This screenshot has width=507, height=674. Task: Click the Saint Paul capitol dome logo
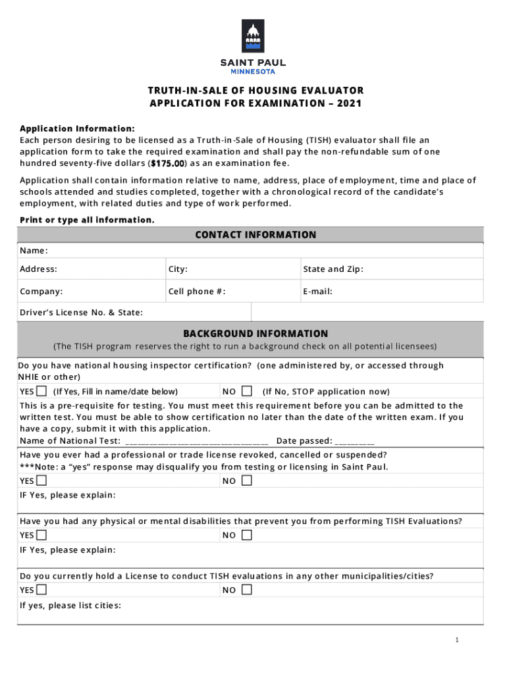pyautogui.click(x=253, y=36)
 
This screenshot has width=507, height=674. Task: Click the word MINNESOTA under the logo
pyautogui.click(x=253, y=72)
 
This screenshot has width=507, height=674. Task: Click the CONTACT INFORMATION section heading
pyautogui.click(x=255, y=235)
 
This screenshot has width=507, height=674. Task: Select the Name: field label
pyautogui.click(x=34, y=251)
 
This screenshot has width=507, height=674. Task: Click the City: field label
pyautogui.click(x=178, y=269)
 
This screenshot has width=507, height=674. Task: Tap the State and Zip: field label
pyautogui.click(x=333, y=269)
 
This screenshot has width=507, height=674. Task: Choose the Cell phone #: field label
pyautogui.click(x=197, y=292)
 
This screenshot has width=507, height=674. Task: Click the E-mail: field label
pyautogui.click(x=317, y=292)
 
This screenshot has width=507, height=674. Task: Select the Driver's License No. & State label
pyautogui.click(x=81, y=313)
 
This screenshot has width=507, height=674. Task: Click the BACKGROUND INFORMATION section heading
pyautogui.click(x=255, y=334)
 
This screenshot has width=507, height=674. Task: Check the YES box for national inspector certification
pyautogui.click(x=41, y=391)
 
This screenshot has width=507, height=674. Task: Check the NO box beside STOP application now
pyautogui.click(x=247, y=391)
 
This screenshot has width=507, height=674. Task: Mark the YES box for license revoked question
pyautogui.click(x=41, y=480)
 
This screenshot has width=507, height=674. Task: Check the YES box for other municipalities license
pyautogui.click(x=41, y=590)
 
